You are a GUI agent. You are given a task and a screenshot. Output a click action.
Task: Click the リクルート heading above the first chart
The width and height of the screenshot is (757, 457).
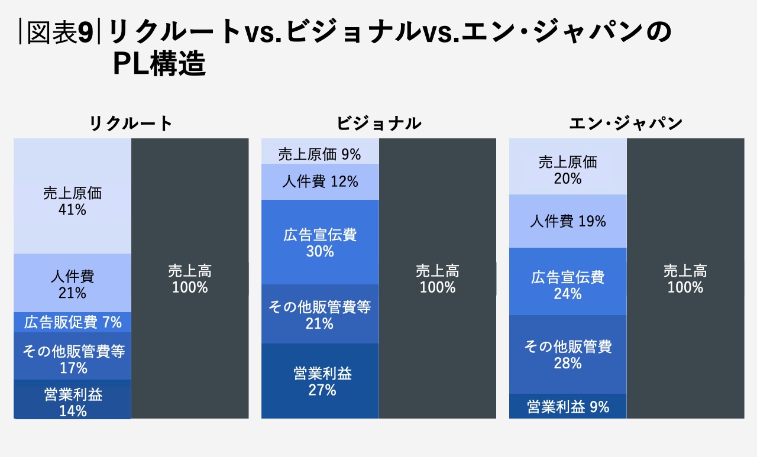point(131,123)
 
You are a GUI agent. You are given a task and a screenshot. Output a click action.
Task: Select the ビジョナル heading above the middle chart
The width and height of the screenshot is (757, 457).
point(378,123)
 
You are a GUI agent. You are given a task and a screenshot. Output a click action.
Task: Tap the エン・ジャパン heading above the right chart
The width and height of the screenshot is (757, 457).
point(626,123)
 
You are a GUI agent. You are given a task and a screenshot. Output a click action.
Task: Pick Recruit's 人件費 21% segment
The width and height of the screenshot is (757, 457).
point(72,283)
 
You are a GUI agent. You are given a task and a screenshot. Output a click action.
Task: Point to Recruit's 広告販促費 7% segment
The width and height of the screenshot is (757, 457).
point(72,322)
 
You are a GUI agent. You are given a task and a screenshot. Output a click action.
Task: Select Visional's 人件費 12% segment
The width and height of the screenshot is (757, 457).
point(319,181)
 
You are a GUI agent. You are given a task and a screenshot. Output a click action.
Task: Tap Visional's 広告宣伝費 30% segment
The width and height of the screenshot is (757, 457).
point(319,242)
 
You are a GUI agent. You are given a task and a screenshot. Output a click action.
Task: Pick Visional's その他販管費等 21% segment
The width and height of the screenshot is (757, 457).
point(319,314)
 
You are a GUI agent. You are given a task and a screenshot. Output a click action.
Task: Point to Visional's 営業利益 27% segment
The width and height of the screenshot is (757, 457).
point(319,381)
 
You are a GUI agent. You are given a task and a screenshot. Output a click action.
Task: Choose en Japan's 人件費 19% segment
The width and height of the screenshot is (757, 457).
point(568,221)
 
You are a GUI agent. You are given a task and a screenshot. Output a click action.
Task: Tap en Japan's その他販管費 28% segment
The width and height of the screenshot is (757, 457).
point(568,354)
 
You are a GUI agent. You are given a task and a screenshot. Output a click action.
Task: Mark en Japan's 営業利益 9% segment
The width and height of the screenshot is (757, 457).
point(568,407)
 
